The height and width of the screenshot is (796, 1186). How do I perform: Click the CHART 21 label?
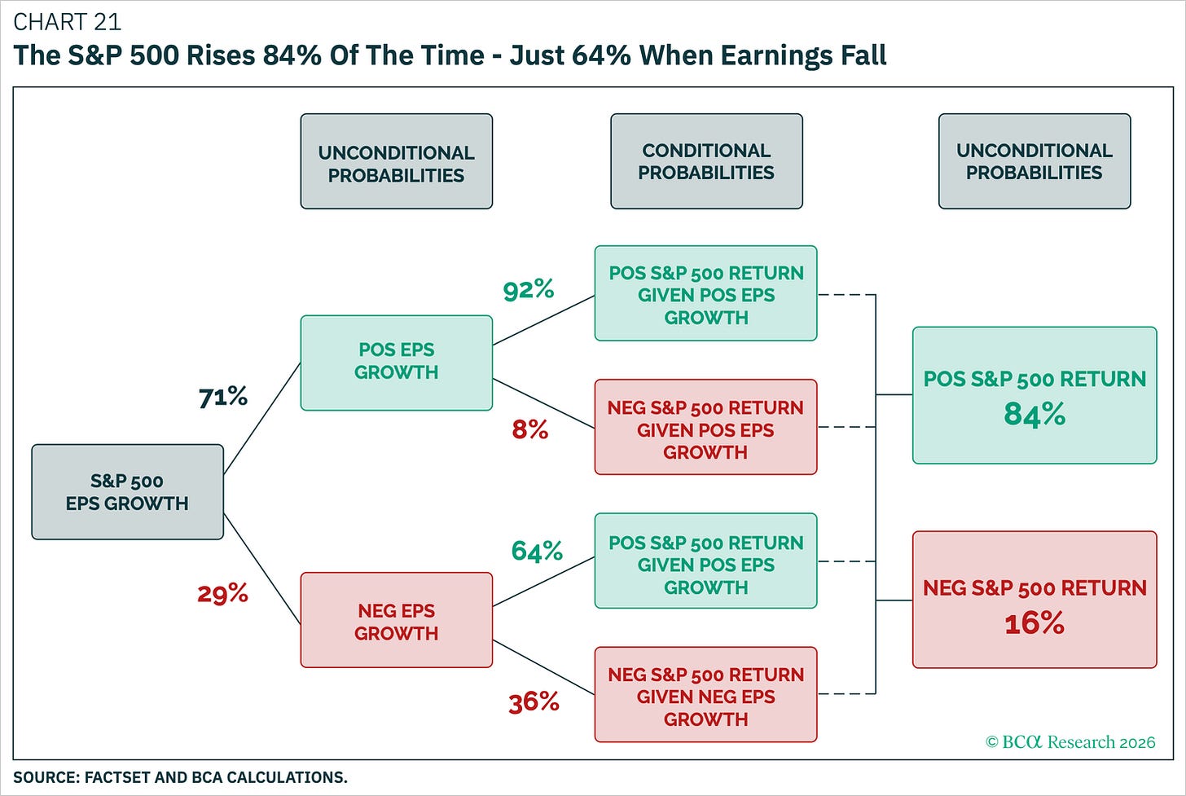pyautogui.click(x=68, y=22)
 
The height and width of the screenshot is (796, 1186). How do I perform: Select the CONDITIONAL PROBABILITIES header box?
pyautogui.click(x=706, y=161)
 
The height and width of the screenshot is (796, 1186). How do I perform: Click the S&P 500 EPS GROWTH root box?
pyautogui.click(x=128, y=491)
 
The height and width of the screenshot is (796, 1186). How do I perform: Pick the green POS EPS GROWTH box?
pyautogui.click(x=397, y=363)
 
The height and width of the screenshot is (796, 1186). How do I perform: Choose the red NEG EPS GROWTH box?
pyautogui.click(x=397, y=620)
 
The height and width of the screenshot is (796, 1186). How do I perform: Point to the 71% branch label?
pyautogui.click(x=223, y=398)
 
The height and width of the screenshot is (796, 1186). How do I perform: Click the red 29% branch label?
pyautogui.click(x=223, y=593)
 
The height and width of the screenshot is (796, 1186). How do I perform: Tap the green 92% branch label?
pyautogui.click(x=529, y=290)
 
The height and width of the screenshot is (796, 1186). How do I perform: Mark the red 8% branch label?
pyautogui.click(x=530, y=429)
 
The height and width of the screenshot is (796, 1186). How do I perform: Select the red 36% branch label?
pyautogui.click(x=534, y=703)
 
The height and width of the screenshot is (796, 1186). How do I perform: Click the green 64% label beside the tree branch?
pyautogui.click(x=537, y=551)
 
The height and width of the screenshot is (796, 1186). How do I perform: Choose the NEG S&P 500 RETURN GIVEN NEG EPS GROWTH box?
pyautogui.click(x=705, y=694)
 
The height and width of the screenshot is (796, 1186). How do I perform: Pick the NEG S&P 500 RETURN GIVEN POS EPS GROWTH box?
pyautogui.click(x=705, y=427)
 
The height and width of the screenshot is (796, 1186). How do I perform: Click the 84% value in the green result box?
pyautogui.click(x=1034, y=414)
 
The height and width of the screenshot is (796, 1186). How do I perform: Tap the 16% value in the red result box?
pyautogui.click(x=1034, y=623)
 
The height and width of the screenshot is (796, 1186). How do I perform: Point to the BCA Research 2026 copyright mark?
pyautogui.click(x=1070, y=742)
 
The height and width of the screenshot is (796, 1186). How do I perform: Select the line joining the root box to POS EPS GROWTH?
pyautogui.click(x=262, y=419)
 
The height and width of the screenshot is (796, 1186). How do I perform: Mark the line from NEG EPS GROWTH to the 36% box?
pyautogui.click(x=543, y=667)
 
